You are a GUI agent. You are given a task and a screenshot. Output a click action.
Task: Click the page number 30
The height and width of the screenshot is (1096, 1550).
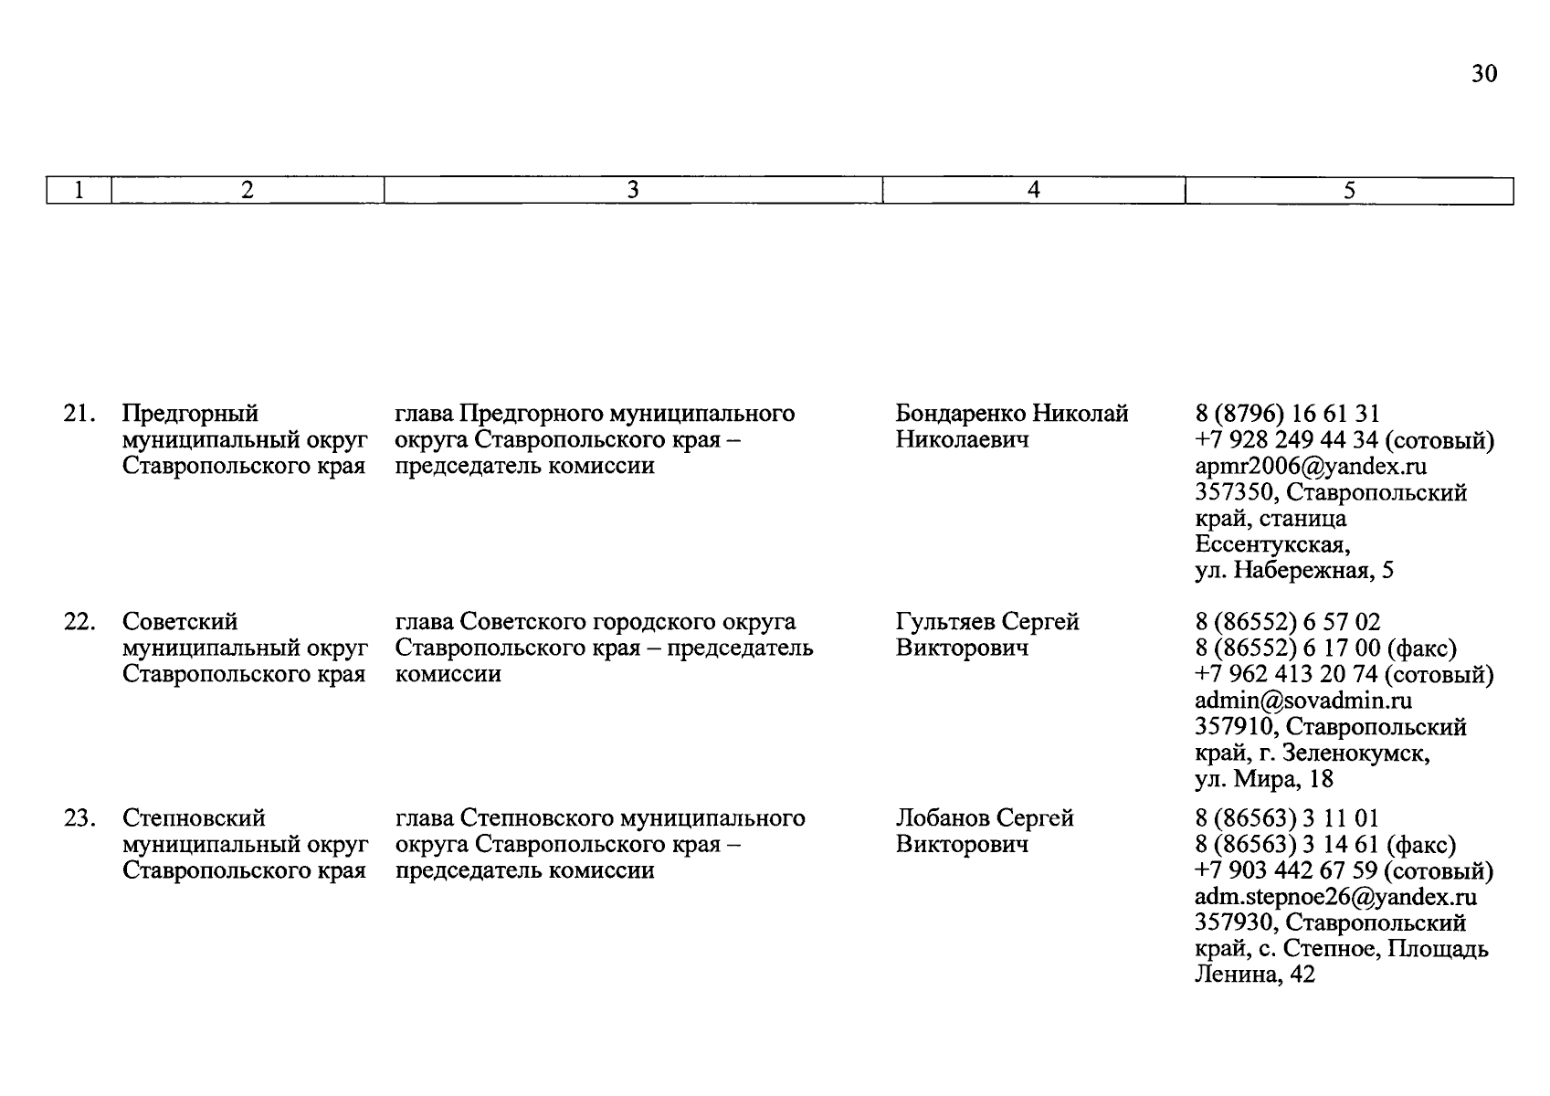point(1483,74)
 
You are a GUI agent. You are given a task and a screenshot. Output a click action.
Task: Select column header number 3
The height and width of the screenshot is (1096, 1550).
point(632,190)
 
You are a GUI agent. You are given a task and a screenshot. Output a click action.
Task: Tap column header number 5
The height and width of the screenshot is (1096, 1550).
point(1349,190)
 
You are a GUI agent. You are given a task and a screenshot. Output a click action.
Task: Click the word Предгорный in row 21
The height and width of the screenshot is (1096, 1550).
point(190,414)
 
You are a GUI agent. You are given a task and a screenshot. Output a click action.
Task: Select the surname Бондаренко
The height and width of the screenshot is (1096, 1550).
point(960,414)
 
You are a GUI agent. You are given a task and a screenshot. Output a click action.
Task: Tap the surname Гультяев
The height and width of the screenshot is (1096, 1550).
point(945,622)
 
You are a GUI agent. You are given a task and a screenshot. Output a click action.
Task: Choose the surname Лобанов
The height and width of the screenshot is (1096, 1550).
point(942,818)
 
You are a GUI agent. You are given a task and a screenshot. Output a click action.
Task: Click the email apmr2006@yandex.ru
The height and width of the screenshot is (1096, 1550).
point(1311,467)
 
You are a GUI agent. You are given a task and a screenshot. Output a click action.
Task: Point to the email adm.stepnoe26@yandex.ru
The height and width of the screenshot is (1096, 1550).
point(1335,897)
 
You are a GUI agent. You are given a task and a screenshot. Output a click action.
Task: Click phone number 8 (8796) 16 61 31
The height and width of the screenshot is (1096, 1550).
point(1287,414)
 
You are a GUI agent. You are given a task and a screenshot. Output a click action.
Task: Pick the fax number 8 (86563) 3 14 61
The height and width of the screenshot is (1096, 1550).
point(1292,845)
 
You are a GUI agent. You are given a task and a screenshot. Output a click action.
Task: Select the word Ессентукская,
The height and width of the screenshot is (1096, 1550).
point(1272,545)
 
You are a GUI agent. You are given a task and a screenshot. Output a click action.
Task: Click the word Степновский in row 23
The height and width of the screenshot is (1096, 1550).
point(194,818)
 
